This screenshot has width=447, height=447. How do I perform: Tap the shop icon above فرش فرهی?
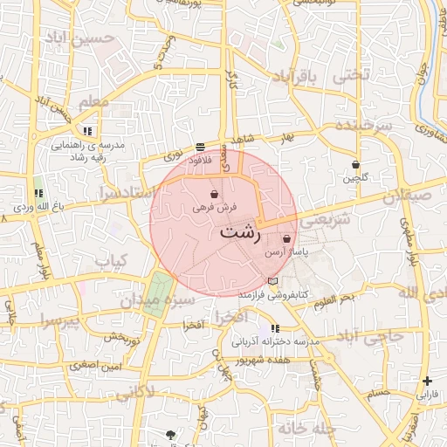pos(215,195)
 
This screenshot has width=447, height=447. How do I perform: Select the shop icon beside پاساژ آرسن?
pos(287,237)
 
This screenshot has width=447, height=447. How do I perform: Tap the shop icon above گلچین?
pos(354,164)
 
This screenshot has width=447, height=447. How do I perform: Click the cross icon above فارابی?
pos(427,381)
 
